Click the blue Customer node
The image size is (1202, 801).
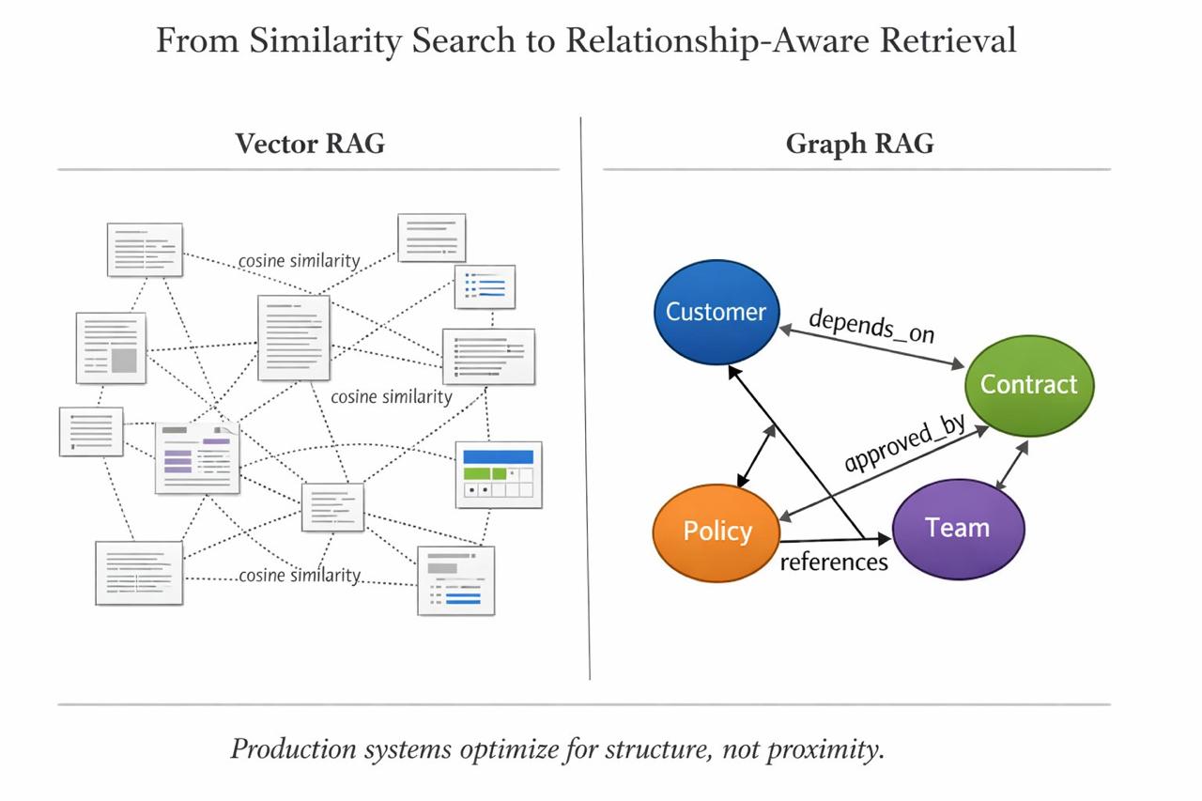[716, 312]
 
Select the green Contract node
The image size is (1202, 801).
[1029, 384]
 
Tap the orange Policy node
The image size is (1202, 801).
[717, 531]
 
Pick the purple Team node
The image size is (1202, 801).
[957, 528]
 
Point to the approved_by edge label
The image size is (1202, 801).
[904, 443]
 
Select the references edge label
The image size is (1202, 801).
[833, 562]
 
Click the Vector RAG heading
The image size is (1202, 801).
[309, 144]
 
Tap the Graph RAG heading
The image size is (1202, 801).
[859, 144]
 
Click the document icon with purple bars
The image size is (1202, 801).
[197, 457]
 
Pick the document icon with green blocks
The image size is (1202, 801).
[499, 473]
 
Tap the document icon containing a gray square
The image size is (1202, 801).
[111, 347]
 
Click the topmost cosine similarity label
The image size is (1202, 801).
[299, 261]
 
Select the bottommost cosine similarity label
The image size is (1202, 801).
[300, 575]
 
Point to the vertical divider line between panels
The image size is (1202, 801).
[585, 394]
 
